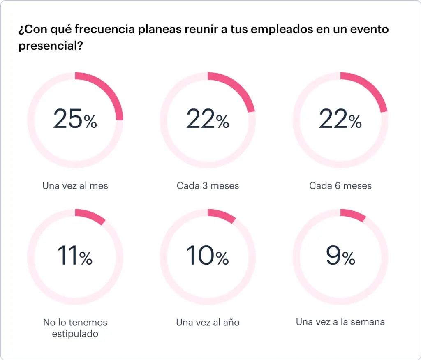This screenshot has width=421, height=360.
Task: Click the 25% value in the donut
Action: point(75,120)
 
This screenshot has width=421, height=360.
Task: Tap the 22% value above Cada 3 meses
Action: point(208,120)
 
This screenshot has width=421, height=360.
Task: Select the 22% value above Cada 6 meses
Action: point(340,120)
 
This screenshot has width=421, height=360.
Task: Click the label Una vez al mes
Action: point(75,185)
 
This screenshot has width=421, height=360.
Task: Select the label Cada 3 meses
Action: point(208,185)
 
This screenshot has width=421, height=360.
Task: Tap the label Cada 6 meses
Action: point(340,185)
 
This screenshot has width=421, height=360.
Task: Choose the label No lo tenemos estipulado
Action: point(75,328)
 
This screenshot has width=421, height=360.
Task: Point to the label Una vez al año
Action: point(208,322)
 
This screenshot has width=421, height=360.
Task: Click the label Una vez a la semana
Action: point(340,322)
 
